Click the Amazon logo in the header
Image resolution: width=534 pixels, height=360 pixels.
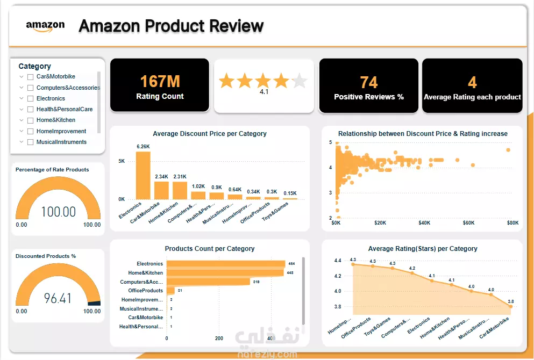pyautogui.click(x=45, y=26)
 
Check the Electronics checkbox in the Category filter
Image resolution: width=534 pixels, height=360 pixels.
pyautogui.click(x=31, y=98)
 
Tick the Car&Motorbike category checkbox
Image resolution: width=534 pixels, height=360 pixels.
pyautogui.click(x=31, y=77)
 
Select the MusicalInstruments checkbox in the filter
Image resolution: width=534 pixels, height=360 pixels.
pyautogui.click(x=31, y=142)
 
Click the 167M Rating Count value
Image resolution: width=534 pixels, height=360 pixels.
pyautogui.click(x=160, y=82)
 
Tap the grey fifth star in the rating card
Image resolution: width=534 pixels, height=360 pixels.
pyautogui.click(x=299, y=81)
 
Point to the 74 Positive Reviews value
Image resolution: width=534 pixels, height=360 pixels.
pyautogui.click(x=368, y=82)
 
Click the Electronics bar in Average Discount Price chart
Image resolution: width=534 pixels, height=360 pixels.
pyautogui.click(x=143, y=175)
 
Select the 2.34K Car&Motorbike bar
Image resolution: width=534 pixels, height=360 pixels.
pyautogui.click(x=161, y=190)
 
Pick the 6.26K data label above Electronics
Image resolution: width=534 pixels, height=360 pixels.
pyautogui.click(x=143, y=147)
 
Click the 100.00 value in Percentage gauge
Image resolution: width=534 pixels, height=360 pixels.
pyautogui.click(x=58, y=212)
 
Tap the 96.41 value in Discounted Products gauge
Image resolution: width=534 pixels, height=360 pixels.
pyautogui.click(x=58, y=298)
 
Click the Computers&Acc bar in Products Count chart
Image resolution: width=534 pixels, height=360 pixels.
pyautogui.click(x=208, y=282)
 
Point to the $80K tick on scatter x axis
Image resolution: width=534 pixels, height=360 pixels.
pyautogui.click(x=512, y=222)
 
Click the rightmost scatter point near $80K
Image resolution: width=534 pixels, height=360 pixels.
pyautogui.click(x=508, y=150)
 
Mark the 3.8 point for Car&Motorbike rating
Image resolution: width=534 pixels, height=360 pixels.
pyautogui.click(x=510, y=306)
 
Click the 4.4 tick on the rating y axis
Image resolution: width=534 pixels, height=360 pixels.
pyautogui.click(x=338, y=261)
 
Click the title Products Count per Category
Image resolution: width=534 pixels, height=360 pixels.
pyautogui.click(x=210, y=249)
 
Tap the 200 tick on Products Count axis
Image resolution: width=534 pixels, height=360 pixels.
pyautogui.click(x=219, y=339)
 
